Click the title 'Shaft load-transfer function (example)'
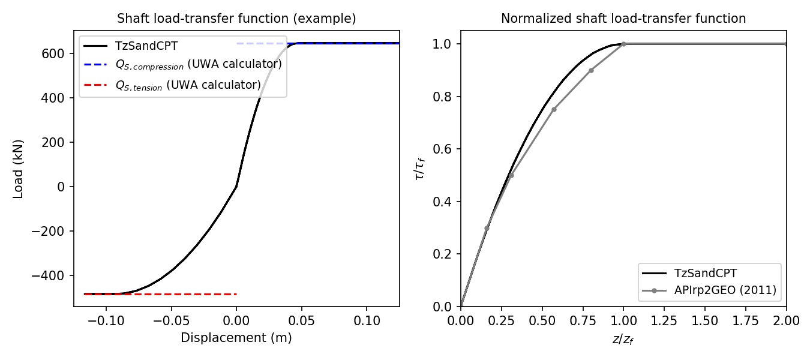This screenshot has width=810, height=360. click(x=236, y=19)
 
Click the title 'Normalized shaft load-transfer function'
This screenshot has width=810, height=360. click(x=623, y=19)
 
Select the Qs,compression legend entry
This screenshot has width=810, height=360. click(x=198, y=64)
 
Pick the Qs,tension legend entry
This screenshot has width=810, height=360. click(x=188, y=85)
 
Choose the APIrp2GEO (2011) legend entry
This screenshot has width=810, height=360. click(x=725, y=291)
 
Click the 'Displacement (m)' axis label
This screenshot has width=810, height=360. click(x=236, y=338)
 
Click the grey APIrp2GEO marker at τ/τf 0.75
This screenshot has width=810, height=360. click(x=554, y=109)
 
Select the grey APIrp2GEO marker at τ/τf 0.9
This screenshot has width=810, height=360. click(x=591, y=70)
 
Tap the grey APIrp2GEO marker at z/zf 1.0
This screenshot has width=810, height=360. click(x=623, y=44)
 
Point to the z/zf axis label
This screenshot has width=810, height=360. click(x=623, y=340)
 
